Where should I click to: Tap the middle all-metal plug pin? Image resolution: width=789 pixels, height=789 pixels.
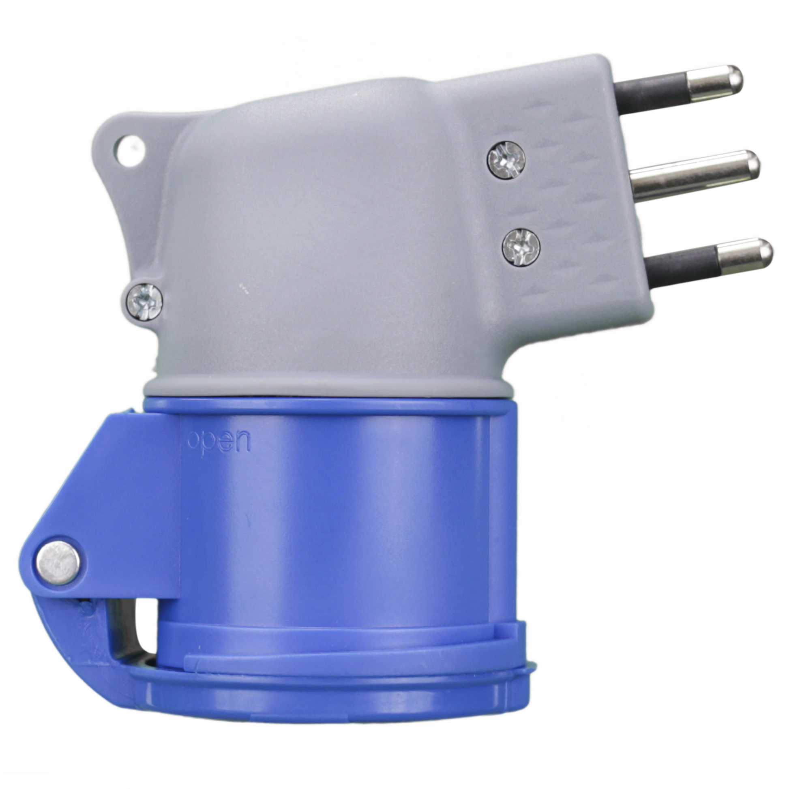[694, 176]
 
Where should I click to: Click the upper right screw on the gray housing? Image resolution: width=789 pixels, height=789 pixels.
[506, 160]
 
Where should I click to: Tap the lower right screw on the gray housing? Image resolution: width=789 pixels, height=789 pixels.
[521, 247]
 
